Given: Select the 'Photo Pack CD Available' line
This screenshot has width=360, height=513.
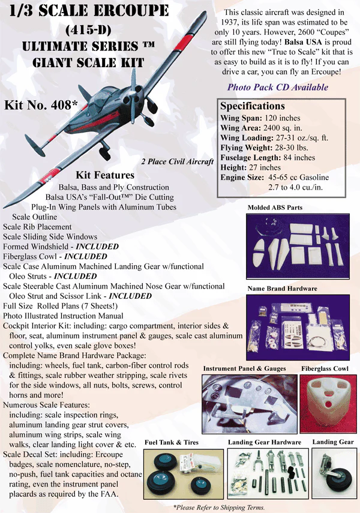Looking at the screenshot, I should point(277,87).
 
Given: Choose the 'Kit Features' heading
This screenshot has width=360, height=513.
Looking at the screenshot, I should point(105,175).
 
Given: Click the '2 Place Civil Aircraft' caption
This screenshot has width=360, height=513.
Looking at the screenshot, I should point(178,161).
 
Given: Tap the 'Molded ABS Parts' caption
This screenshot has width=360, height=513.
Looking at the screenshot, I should point(274,208).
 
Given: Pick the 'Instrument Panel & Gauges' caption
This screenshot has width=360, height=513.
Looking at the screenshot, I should point(243,368).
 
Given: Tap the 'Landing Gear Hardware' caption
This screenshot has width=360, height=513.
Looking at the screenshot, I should point(265,442).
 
